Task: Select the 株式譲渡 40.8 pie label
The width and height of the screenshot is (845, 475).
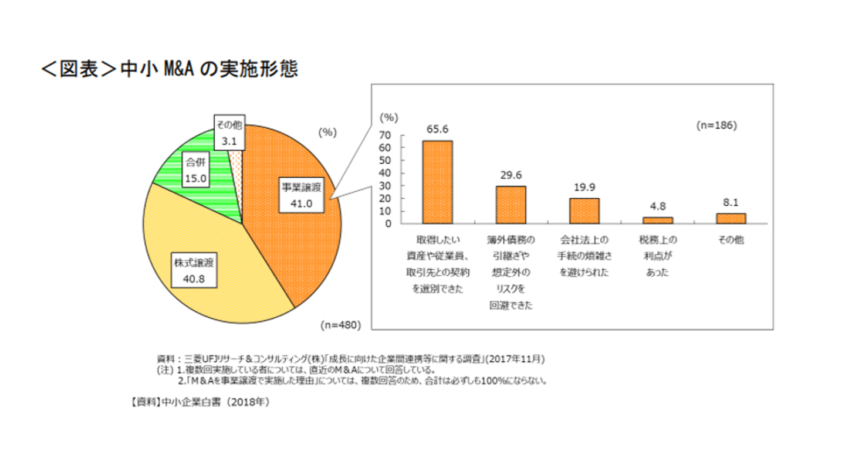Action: coord(193,270)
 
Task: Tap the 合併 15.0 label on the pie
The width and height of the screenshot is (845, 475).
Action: coord(194,169)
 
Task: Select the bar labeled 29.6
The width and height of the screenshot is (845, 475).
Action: coord(511,204)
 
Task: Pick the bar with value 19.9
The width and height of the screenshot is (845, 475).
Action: coord(584,211)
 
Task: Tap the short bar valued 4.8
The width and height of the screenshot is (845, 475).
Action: coord(658,220)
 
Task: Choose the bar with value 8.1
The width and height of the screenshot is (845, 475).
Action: coord(731,218)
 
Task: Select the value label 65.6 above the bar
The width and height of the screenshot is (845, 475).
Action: coord(437,128)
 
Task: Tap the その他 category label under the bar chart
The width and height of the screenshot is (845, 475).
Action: coord(731,240)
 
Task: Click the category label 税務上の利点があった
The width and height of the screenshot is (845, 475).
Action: coord(658,256)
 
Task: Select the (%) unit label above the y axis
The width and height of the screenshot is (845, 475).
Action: coord(389,117)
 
